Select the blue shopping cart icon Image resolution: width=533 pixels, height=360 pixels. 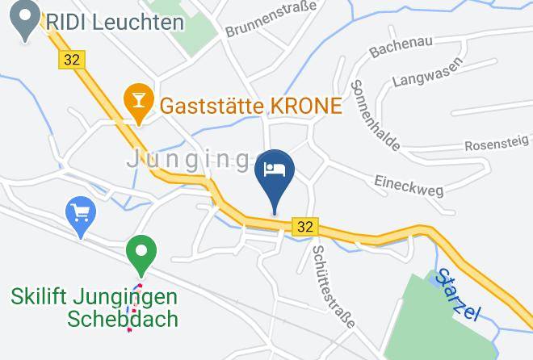click(x=80, y=214)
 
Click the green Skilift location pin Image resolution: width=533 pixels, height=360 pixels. click(x=141, y=252)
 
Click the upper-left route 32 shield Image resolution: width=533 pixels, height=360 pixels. click(x=71, y=59)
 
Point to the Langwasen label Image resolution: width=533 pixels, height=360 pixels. click(x=427, y=72)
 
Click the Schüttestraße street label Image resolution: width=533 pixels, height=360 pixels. click(x=333, y=285)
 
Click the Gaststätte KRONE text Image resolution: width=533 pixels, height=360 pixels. click(x=251, y=105)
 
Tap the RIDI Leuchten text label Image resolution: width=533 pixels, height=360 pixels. click(x=115, y=22)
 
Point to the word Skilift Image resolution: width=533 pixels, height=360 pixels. click(x=40, y=296)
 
